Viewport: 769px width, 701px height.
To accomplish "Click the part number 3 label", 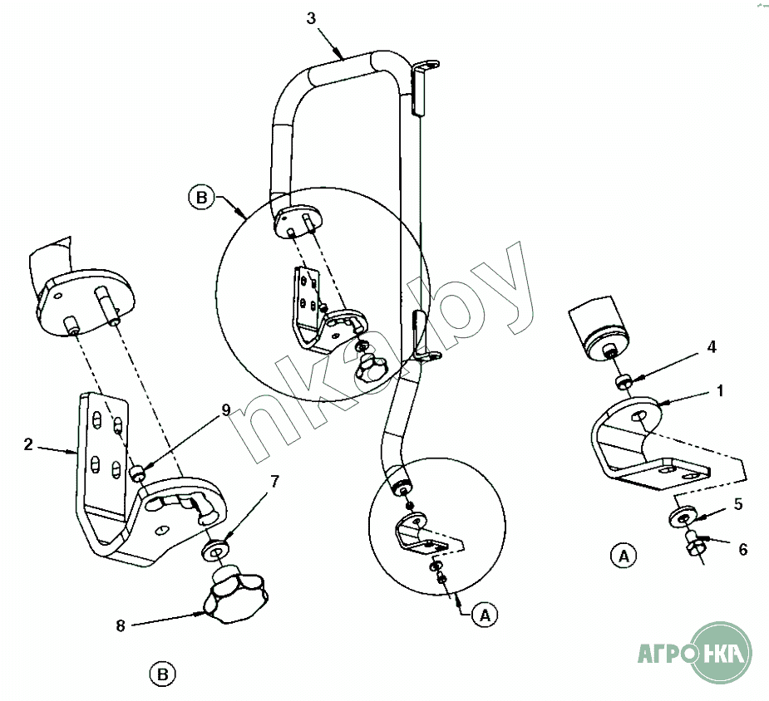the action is (x=311, y=18).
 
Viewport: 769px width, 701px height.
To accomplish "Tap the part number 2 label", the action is (x=28, y=444).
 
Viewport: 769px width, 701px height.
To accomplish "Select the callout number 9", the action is (x=225, y=410).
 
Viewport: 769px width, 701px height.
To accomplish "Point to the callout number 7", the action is (x=274, y=482).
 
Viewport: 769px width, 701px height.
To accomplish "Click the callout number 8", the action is (x=121, y=625).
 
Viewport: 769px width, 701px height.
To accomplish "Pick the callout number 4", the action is (x=712, y=347).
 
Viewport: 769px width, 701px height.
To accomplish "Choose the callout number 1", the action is (x=719, y=391).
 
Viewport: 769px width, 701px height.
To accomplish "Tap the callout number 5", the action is (x=738, y=504).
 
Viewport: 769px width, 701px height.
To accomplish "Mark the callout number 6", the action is (x=743, y=550).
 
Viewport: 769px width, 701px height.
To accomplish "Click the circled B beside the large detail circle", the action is (x=201, y=198).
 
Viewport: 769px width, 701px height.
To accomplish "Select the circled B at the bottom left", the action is (x=162, y=674).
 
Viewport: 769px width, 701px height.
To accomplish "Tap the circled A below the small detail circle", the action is (x=485, y=615).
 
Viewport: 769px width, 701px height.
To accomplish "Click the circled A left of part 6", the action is (x=624, y=556).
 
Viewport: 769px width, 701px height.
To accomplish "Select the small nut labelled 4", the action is (x=624, y=381).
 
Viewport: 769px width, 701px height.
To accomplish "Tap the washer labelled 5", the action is (x=683, y=517).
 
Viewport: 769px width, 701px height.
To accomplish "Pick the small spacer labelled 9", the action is (x=137, y=473).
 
